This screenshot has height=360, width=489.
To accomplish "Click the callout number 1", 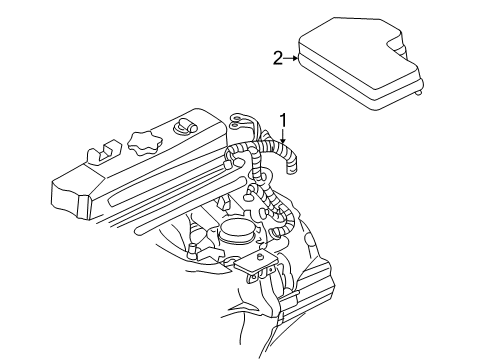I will (x=283, y=120).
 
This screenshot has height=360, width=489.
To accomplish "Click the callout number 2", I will (x=278, y=58).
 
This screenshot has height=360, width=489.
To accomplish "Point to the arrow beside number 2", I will (x=292, y=58).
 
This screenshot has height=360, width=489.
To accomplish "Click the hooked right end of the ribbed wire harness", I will (x=297, y=170).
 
